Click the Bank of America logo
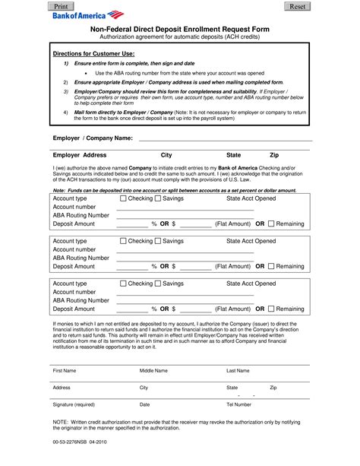point(84,14)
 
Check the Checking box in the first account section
point(123,198)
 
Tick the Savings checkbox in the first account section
point(158,198)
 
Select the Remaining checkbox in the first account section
point(270,224)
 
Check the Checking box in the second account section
point(123,241)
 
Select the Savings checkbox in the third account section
point(158,284)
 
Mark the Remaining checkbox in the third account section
point(270,309)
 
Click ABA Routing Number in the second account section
point(81,258)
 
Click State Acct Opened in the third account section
point(251,284)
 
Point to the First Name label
point(64,370)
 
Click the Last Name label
point(238,370)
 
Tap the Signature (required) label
point(74,404)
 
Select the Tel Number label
point(238,404)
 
